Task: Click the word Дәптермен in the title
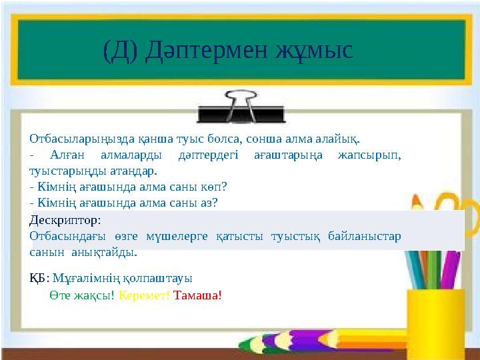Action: pos(208,50)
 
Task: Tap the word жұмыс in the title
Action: pos(314,50)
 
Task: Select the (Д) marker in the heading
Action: pos(121,50)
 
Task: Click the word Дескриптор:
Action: pos(65,219)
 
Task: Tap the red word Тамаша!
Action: pos(197,295)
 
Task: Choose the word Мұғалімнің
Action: pos(81,279)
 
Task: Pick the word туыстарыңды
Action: pos(63,171)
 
